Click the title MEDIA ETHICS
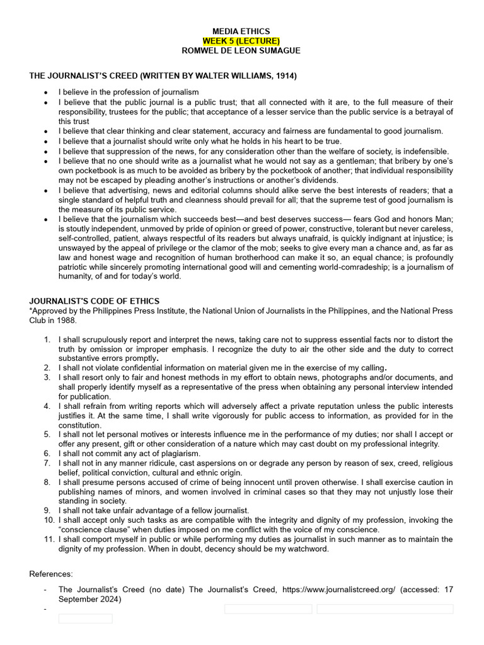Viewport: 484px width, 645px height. point(241,31)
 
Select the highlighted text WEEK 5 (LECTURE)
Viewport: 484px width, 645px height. point(241,40)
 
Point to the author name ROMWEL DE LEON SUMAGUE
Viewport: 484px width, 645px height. point(241,50)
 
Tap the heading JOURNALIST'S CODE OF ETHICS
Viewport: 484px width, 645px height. point(95,301)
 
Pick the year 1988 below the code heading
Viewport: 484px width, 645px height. point(66,320)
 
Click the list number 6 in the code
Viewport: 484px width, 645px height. point(48,454)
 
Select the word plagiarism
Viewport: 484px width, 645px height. point(178,454)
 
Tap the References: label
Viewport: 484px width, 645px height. point(51,574)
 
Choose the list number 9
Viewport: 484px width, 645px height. point(48,510)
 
